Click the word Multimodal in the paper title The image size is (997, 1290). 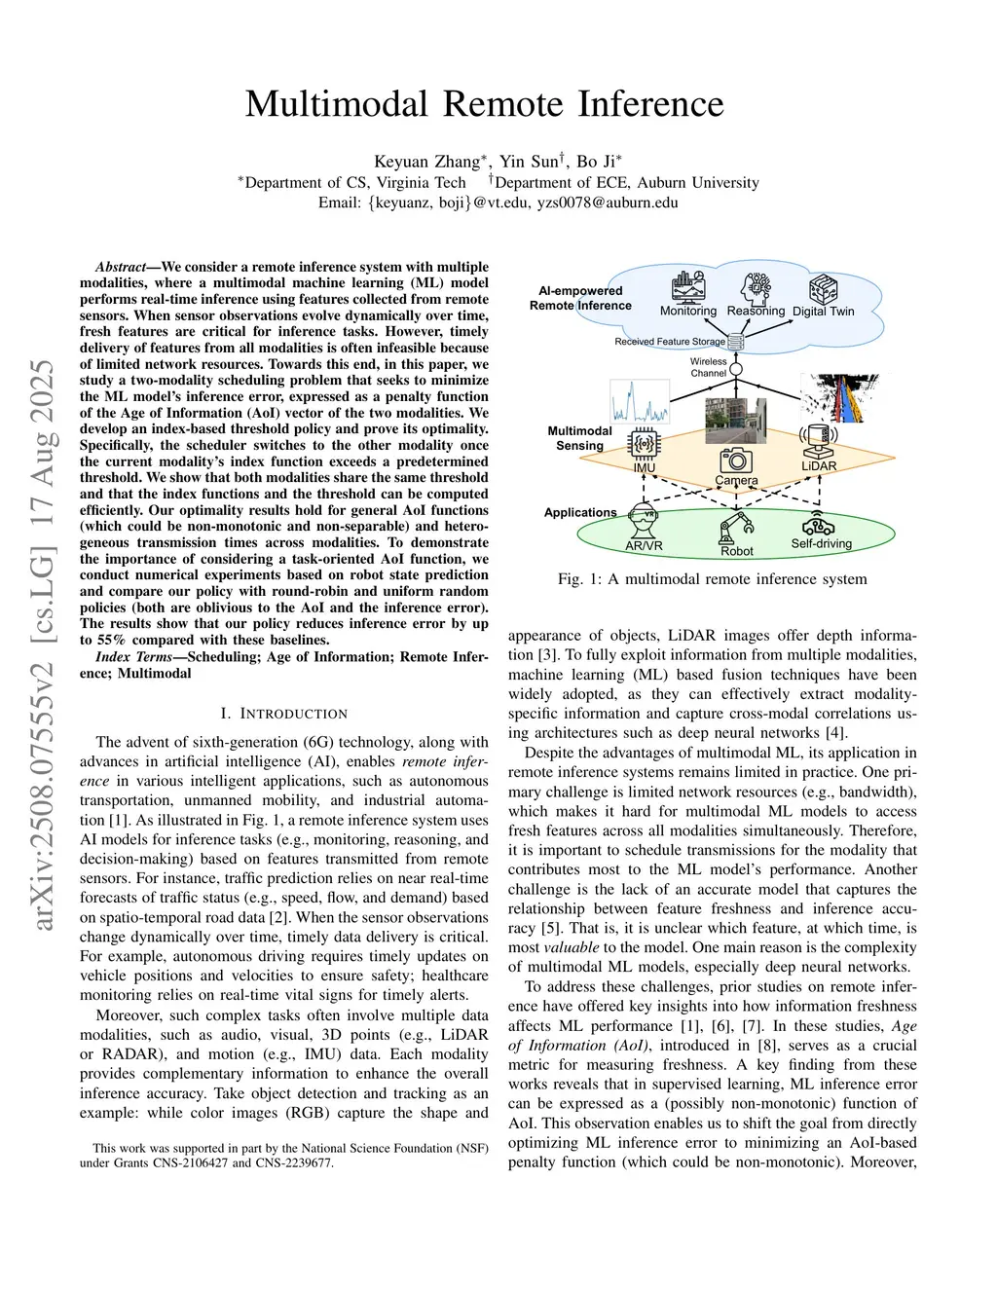click(x=337, y=103)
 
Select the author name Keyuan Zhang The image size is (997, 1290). click(x=426, y=162)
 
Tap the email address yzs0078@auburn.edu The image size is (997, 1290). click(x=608, y=203)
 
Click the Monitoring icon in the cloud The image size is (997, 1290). click(x=688, y=287)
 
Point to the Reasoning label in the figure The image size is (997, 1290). click(x=756, y=312)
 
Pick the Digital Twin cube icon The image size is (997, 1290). click(x=823, y=288)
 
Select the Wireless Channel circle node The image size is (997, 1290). click(x=736, y=369)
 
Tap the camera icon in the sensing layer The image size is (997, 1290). click(x=736, y=461)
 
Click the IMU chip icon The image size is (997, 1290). click(x=644, y=444)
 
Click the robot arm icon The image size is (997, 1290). click(x=736, y=527)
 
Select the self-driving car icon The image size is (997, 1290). click(x=819, y=524)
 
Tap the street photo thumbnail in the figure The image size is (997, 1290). click(x=736, y=421)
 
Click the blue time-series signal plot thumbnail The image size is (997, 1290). click(x=640, y=401)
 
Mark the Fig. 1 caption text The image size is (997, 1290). click(x=712, y=579)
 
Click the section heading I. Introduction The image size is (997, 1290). click(x=283, y=713)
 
